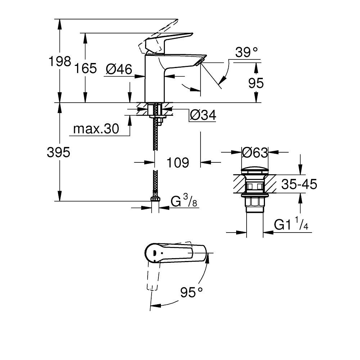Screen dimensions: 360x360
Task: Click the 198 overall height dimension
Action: (60, 62)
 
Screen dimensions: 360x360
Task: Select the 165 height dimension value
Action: (86, 68)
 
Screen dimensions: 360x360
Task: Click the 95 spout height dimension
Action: (256, 83)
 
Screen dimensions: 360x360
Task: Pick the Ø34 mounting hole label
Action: (202, 115)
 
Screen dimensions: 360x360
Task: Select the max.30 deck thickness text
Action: (96, 129)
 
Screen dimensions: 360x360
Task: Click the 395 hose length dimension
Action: (58, 153)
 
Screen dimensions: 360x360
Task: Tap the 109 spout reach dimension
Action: (177, 163)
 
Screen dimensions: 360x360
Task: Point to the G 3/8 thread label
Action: (184, 201)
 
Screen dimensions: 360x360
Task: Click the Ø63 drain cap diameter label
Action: (255, 153)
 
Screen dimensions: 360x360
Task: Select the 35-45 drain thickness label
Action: (299, 185)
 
